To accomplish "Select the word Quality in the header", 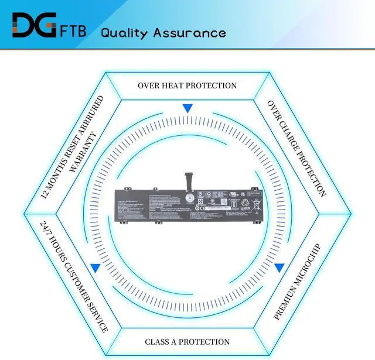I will click(125, 32).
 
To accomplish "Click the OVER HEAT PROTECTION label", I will click(187, 85).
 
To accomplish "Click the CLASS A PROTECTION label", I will click(187, 342).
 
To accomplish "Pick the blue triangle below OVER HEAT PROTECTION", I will click(187, 108).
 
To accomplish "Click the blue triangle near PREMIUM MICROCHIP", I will click(279, 268).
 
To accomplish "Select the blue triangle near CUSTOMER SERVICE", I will click(95, 268).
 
